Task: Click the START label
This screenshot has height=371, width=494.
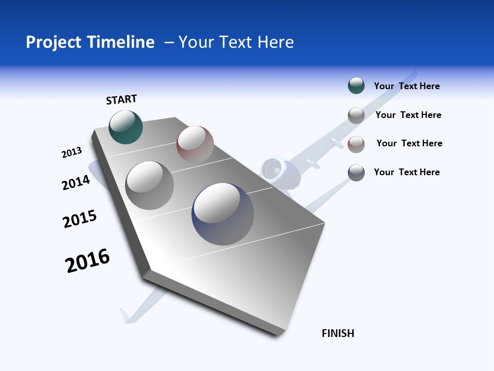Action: (121, 99)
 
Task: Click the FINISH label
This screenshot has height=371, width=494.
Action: (338, 333)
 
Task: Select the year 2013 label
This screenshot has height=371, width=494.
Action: (72, 153)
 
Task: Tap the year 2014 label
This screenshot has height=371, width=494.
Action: (76, 182)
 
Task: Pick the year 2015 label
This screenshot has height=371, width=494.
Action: (79, 219)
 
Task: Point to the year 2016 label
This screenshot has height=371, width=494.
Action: (87, 261)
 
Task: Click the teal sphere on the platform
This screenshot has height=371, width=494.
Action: (126, 127)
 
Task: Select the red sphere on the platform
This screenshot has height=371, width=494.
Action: (195, 144)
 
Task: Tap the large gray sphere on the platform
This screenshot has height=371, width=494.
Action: (150, 185)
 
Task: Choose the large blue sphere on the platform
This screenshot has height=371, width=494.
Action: (223, 214)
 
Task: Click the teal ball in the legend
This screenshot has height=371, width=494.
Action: (356, 86)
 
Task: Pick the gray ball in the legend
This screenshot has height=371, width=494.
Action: (356, 115)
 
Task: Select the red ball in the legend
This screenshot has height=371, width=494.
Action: (356, 144)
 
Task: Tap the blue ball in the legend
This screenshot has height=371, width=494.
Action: (356, 173)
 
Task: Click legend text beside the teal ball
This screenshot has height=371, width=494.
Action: (407, 87)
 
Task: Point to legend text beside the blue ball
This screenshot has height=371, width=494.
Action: (407, 172)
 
